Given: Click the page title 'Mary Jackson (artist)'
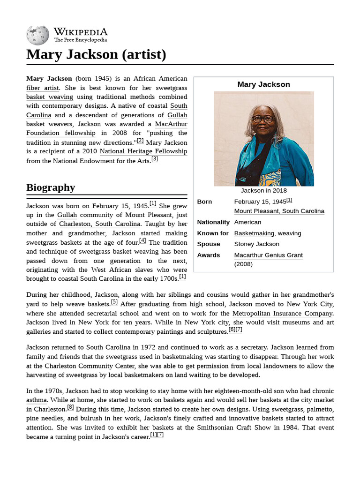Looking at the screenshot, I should [96, 55].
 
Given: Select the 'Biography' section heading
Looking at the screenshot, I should [51, 187].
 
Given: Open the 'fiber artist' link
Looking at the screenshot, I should [43, 88].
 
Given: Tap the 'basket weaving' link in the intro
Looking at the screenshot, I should [50, 97].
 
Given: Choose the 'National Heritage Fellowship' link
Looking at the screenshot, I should [143, 151].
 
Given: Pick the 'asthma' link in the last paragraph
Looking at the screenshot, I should [37, 400].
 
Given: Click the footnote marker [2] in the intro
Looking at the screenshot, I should [140, 141].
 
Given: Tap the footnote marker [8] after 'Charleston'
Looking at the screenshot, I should [70, 408].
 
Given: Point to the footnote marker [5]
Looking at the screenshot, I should [114, 302].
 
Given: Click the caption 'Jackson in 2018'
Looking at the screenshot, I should [263, 191].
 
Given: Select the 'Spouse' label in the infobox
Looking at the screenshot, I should [209, 244].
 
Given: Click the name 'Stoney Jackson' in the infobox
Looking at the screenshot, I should [256, 244].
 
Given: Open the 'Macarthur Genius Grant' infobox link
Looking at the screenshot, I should [268, 255].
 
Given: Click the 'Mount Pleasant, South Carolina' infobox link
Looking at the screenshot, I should [279, 211].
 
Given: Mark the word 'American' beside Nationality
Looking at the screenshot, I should [247, 222].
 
